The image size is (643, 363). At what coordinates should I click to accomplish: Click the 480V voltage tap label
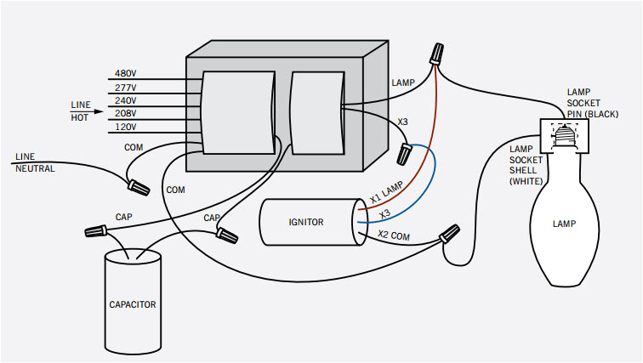pos(125,74)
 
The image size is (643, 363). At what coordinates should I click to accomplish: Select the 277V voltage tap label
pos(125,88)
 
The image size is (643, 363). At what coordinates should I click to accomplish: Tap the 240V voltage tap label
pos(125,100)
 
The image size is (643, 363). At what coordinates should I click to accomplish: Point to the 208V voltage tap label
pos(125,113)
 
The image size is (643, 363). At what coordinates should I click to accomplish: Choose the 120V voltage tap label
pos(125,127)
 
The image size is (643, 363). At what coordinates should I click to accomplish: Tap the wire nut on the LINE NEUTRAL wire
pos(135,182)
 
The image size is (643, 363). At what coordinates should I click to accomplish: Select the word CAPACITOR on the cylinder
pos(132,303)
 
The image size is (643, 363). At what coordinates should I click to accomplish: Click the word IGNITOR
pos(305,222)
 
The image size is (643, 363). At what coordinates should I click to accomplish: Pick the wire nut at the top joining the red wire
pos(438,55)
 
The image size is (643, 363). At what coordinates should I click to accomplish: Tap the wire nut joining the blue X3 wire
pos(407,154)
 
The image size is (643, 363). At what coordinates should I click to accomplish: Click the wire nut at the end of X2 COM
pos(450,232)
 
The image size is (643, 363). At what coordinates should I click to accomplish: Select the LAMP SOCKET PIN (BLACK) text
pos(594,102)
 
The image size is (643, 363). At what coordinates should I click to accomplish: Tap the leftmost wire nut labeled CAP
pos(95,230)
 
